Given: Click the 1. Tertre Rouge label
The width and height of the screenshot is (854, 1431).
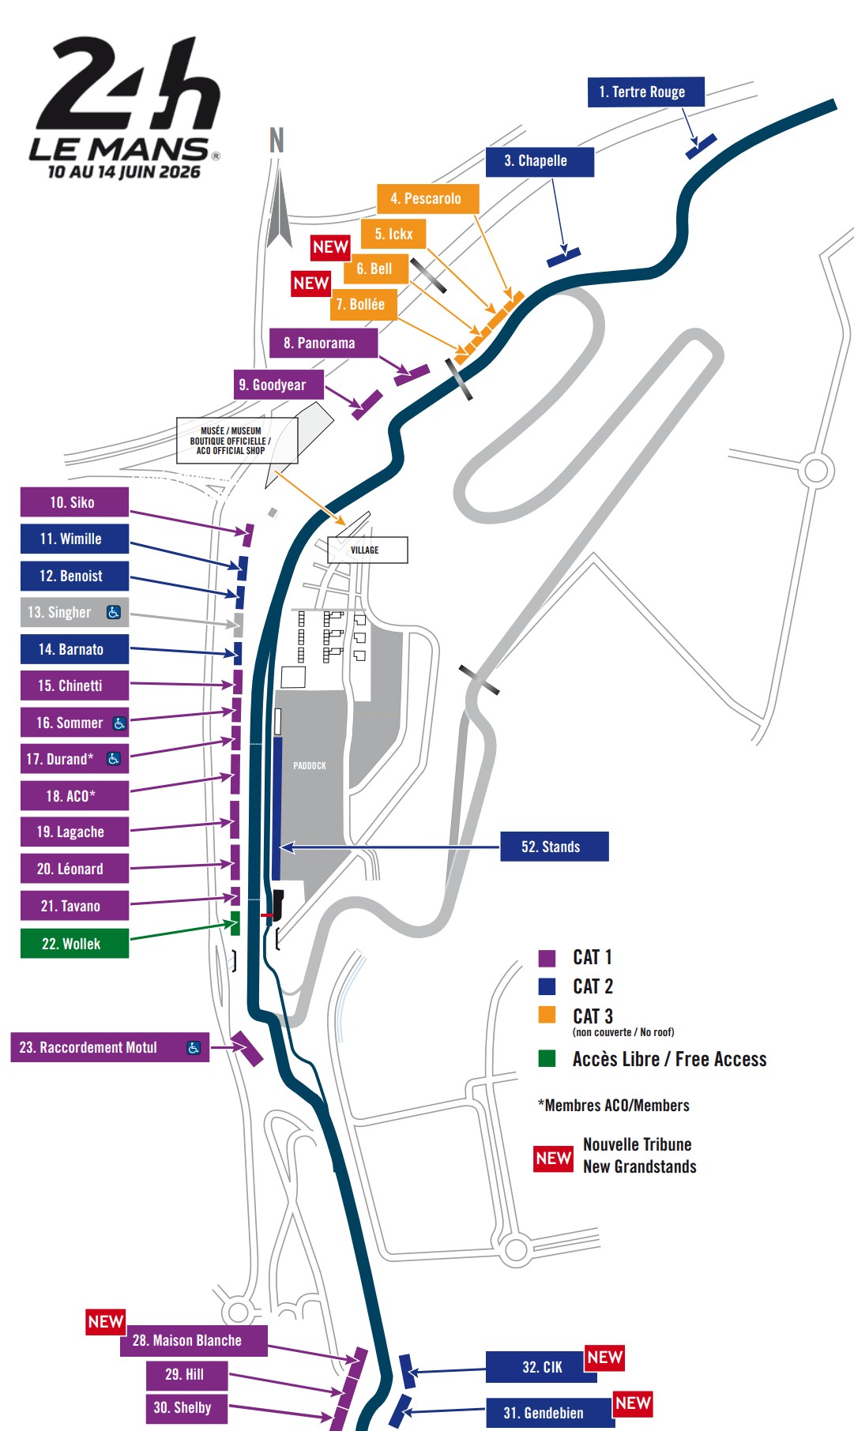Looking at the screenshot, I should tap(645, 92).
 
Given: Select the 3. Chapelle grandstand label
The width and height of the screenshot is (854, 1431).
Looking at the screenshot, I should tap(539, 161).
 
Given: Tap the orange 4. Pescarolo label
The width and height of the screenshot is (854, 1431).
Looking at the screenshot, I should tap(427, 199).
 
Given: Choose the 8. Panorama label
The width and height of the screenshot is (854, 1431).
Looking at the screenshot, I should tap(322, 344).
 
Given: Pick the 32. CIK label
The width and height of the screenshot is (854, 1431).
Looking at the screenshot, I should tap(541, 1367).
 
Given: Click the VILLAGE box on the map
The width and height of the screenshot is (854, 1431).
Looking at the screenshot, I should tap(367, 550).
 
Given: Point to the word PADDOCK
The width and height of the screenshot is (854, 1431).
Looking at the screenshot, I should tap(310, 765).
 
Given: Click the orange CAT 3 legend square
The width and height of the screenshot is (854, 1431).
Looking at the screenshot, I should tap(547, 1015).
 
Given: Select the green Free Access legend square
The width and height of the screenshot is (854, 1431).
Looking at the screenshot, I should tap(547, 1058).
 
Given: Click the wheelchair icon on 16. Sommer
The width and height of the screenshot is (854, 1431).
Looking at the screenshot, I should tap(119, 723).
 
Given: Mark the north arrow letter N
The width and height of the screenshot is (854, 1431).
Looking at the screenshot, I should tap(277, 141).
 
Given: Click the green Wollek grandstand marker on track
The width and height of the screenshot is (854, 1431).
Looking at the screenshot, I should tap(235, 923).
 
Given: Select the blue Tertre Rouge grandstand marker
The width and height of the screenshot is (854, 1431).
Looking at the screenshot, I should tap(701, 146).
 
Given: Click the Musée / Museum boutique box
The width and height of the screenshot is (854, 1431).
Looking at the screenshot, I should tap(236, 441).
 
